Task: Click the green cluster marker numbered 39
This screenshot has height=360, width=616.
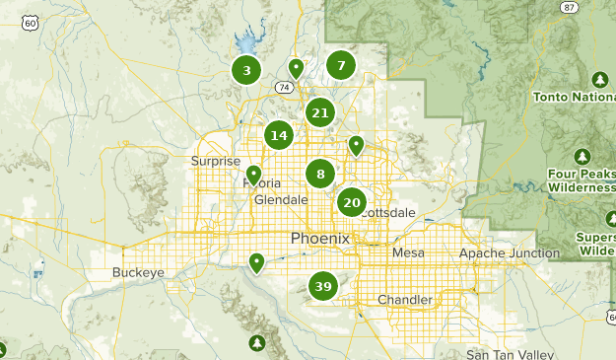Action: [x=322, y=287]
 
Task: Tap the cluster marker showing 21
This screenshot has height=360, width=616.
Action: [x=319, y=112]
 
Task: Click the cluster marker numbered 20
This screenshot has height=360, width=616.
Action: [x=352, y=203]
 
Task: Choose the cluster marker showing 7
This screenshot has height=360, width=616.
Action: [x=341, y=66]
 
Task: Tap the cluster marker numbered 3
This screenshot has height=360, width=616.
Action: [x=246, y=70]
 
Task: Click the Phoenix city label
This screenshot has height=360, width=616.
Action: [x=321, y=239]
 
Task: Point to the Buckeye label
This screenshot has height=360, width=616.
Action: [x=137, y=272]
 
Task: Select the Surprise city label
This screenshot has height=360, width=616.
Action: [x=216, y=162]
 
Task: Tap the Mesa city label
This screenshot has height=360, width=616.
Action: [x=408, y=253]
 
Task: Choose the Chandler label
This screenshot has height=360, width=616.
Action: [x=405, y=300]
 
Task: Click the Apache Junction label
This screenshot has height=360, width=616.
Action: [x=509, y=253]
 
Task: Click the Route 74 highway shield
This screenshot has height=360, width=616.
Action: [x=284, y=88]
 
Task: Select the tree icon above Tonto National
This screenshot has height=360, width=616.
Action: [x=599, y=79]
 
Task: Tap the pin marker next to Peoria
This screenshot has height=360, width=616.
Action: [x=254, y=175]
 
